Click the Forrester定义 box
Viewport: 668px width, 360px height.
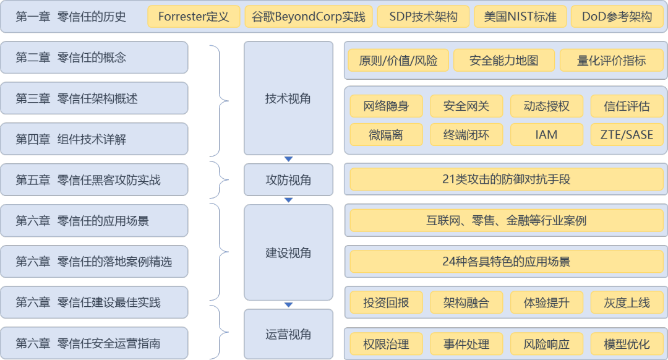coord(193,17)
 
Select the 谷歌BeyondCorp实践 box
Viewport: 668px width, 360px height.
coord(308,17)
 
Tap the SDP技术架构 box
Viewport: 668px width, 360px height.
coord(423,17)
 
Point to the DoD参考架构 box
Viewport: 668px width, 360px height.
coord(617,17)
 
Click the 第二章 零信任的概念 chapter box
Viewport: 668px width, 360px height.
coord(94,58)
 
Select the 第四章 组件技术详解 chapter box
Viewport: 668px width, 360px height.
coord(94,139)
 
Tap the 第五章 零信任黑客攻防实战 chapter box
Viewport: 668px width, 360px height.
coord(94,180)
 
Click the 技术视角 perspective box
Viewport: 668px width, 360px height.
coord(288,98)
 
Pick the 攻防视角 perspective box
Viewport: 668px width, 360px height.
coord(288,180)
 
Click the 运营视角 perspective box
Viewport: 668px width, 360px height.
coord(288,335)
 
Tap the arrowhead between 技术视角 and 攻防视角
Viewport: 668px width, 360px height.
coord(288,159)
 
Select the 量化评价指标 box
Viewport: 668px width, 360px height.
coord(611,61)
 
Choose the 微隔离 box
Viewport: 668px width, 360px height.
coord(386,134)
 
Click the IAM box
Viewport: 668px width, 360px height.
coord(547,134)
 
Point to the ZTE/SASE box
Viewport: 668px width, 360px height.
coord(627,134)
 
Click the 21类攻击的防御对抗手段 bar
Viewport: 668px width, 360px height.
coord(506,180)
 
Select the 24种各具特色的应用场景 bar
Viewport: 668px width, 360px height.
coord(506,262)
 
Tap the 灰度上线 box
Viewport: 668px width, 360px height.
coord(627,303)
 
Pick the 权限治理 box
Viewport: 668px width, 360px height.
coord(386,344)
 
